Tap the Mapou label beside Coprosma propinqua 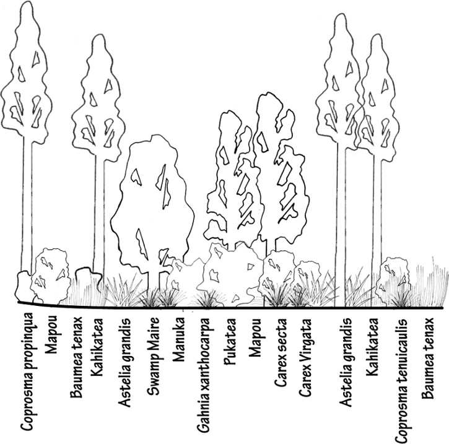point(50,337)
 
